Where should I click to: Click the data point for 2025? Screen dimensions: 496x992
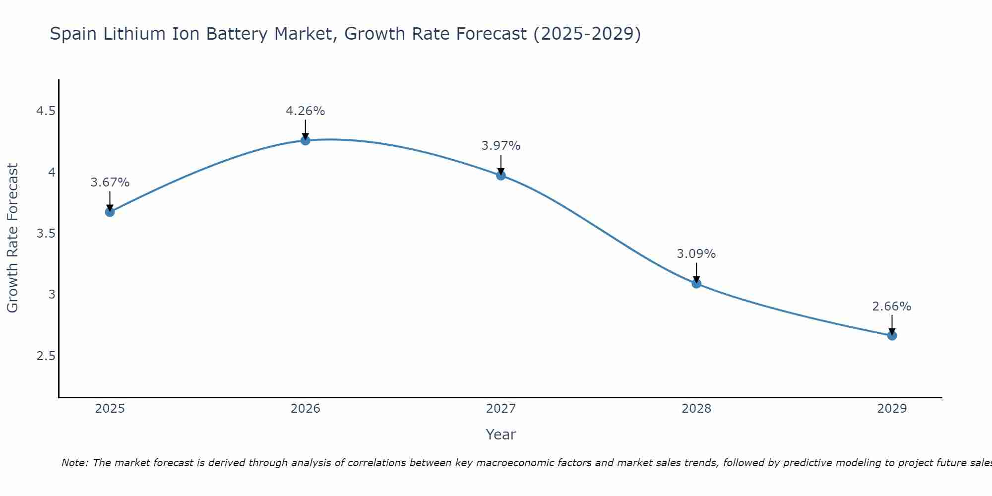[110, 212]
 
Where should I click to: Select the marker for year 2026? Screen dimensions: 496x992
[305, 140]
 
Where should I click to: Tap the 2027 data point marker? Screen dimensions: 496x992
[500, 175]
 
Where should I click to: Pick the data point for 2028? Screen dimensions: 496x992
[696, 283]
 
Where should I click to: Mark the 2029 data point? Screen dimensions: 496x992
[892, 335]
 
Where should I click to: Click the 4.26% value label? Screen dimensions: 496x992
[305, 111]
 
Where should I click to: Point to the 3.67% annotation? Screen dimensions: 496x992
[110, 183]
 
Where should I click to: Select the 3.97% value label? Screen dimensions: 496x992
[500, 146]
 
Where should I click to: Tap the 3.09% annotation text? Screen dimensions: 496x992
[696, 254]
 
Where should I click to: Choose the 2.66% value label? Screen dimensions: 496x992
[892, 307]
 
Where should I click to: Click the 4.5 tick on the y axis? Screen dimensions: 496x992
[46, 111]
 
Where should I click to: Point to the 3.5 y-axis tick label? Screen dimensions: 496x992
[46, 234]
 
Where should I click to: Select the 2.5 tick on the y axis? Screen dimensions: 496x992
[46, 356]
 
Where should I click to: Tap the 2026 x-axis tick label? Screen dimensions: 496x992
[305, 409]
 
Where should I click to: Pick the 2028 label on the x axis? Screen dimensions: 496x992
[696, 409]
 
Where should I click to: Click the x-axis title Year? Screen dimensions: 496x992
[500, 434]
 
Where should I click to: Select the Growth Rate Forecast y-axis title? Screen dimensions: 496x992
[12, 238]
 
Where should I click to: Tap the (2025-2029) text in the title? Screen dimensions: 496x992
[587, 34]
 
